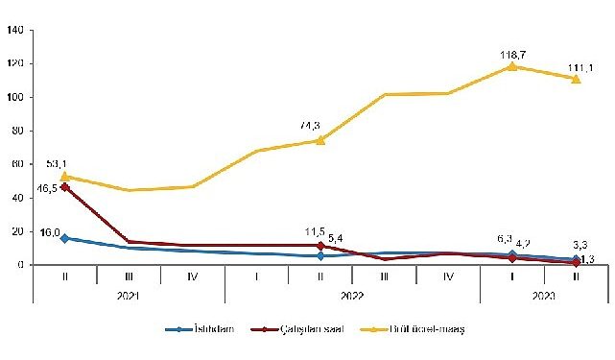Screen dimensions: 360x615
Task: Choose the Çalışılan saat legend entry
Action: coord(315,329)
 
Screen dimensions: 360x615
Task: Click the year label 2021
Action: coord(129,297)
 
